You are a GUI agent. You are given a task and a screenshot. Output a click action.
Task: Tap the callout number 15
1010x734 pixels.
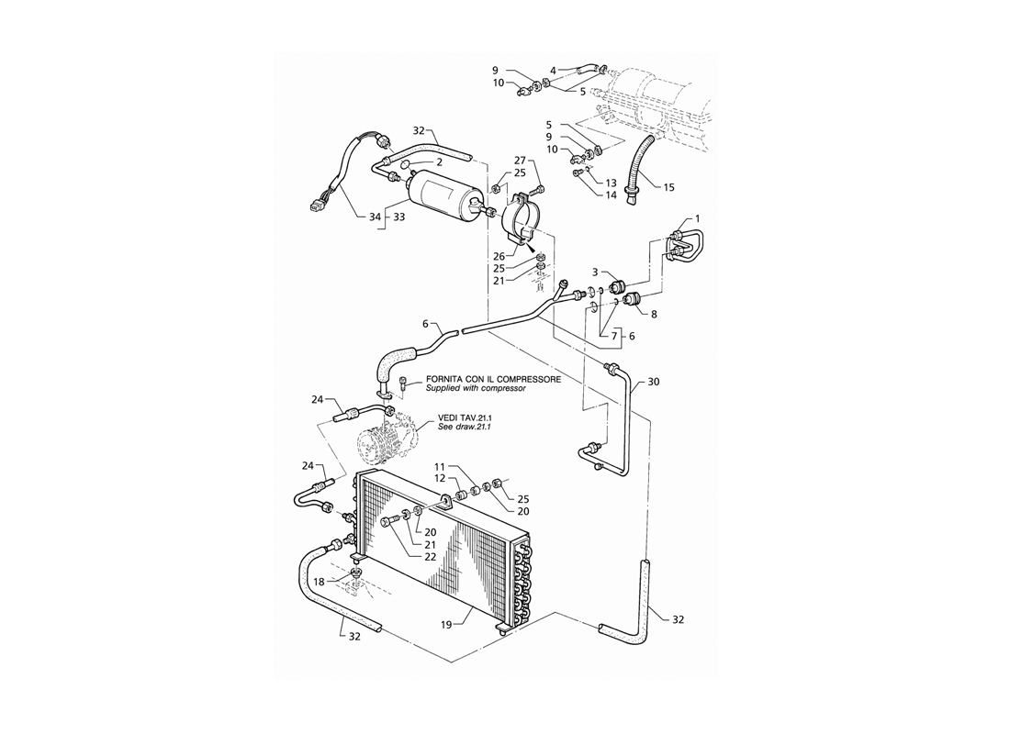(x=668, y=187)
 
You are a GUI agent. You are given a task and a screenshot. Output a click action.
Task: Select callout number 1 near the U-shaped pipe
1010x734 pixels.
(x=698, y=219)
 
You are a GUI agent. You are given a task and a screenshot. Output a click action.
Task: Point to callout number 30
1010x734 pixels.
(x=654, y=382)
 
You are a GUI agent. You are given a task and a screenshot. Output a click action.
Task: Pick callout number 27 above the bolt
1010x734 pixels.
(x=521, y=161)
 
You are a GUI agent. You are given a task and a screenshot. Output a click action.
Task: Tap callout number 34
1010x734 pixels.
(x=376, y=217)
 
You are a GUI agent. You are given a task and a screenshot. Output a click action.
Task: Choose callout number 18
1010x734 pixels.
(x=320, y=582)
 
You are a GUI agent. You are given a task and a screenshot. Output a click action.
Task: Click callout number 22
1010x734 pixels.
(x=431, y=557)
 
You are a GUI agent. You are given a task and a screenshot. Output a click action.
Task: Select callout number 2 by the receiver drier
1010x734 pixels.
(x=439, y=162)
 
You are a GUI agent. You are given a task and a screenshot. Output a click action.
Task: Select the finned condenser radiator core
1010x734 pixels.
(x=444, y=547)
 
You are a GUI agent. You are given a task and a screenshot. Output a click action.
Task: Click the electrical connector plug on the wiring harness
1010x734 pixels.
(x=316, y=207)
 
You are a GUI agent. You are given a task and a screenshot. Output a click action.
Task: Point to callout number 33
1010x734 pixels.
(x=398, y=217)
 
